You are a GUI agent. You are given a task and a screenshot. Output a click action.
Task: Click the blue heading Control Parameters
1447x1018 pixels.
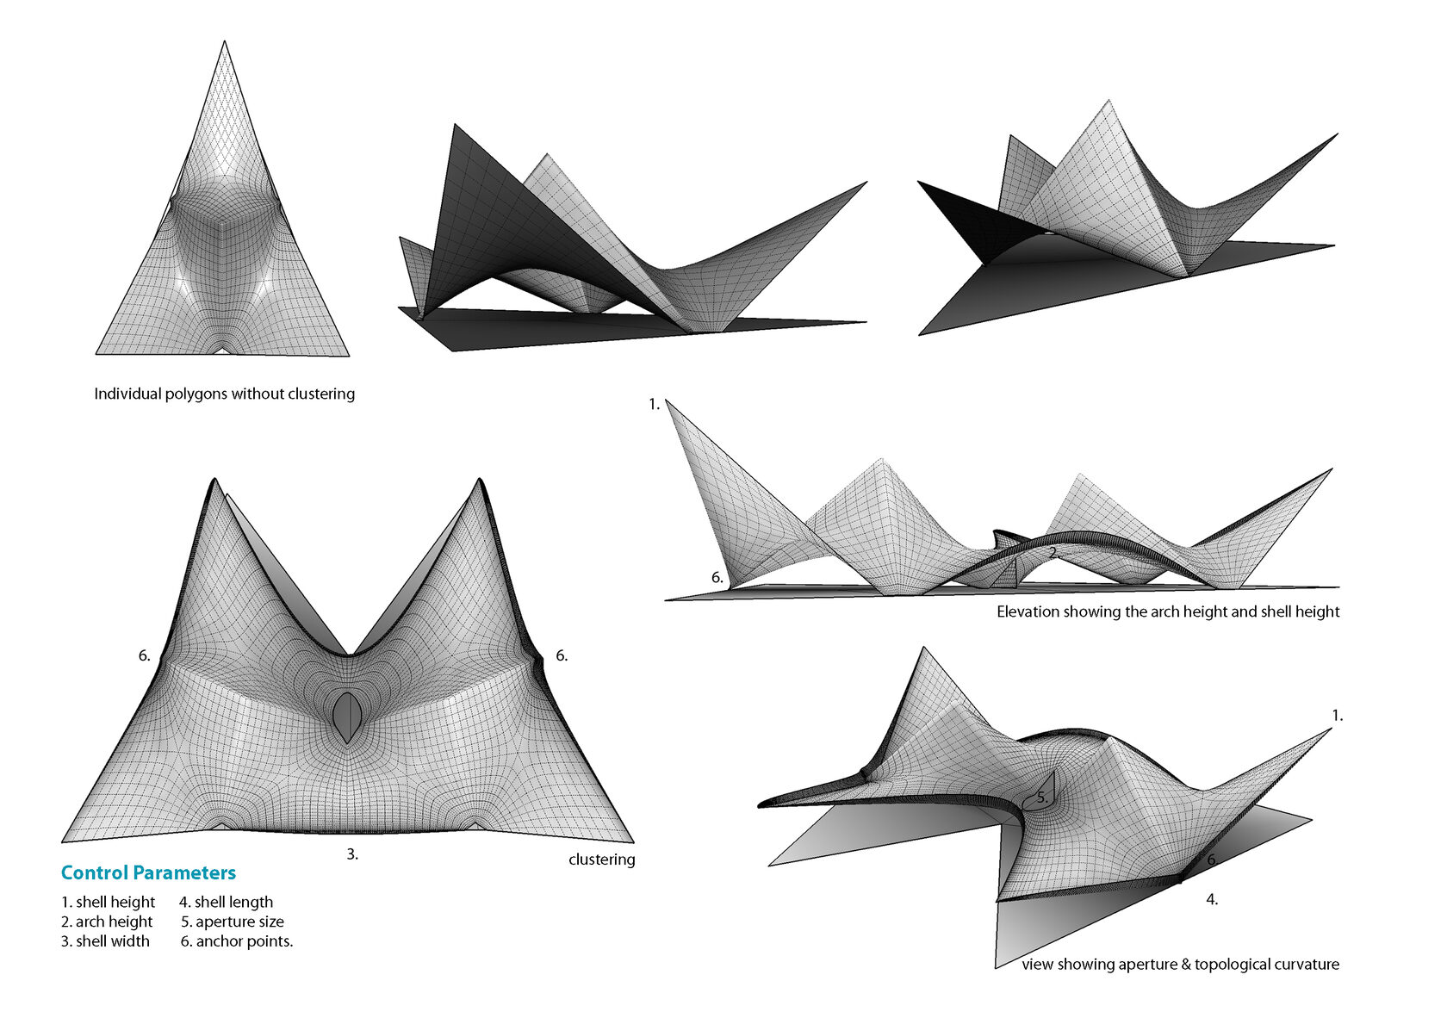tap(148, 872)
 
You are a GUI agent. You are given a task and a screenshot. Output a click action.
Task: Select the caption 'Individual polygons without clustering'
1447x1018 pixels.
tap(224, 394)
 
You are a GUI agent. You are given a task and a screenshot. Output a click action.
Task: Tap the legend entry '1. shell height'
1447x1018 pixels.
tap(108, 902)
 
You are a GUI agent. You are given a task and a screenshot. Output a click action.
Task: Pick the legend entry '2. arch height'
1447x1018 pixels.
tap(107, 922)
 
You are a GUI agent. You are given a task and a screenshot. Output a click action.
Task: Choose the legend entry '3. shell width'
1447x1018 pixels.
tap(105, 941)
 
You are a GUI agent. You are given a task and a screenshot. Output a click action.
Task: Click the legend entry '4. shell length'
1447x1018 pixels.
tap(226, 902)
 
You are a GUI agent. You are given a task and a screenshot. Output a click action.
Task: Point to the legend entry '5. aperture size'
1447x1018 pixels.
tap(232, 922)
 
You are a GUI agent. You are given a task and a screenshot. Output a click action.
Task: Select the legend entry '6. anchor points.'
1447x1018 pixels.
tap(237, 941)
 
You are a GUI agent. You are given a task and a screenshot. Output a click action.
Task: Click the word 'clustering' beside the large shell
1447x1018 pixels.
tap(601, 860)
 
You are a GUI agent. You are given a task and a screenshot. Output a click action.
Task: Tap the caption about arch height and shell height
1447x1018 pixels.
tap(1168, 611)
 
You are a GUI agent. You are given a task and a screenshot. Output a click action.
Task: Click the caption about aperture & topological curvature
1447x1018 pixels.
tap(1180, 964)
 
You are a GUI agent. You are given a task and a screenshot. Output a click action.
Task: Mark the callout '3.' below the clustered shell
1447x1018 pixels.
tap(352, 854)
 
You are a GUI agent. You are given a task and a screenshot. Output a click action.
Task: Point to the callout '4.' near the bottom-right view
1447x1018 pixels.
tap(1212, 899)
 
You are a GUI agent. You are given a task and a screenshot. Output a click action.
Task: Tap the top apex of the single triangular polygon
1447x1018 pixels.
tap(225, 42)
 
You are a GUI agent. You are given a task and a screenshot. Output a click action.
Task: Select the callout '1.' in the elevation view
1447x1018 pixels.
tap(655, 404)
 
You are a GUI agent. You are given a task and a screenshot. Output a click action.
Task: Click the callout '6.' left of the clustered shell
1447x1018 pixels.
tap(145, 655)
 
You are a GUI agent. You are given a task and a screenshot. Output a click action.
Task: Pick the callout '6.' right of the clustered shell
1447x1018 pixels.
tap(562, 655)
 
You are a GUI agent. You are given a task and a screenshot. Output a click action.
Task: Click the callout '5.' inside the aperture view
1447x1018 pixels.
tap(1042, 798)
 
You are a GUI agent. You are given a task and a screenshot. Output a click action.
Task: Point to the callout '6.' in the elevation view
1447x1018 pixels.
tap(717, 578)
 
